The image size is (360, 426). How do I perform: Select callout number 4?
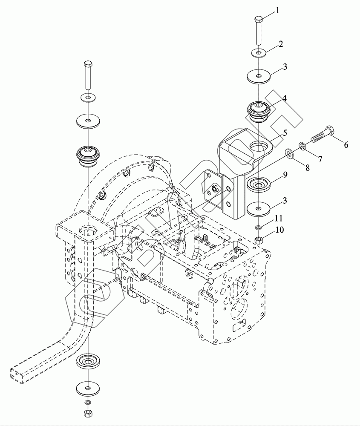(x=284, y=98)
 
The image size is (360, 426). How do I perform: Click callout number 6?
(x=346, y=145)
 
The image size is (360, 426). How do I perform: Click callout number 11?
(x=279, y=218)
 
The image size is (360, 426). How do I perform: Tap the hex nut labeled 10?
(x=258, y=240)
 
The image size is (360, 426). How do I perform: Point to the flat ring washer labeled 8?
(x=288, y=153)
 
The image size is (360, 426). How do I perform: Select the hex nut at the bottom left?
(x=87, y=412)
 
